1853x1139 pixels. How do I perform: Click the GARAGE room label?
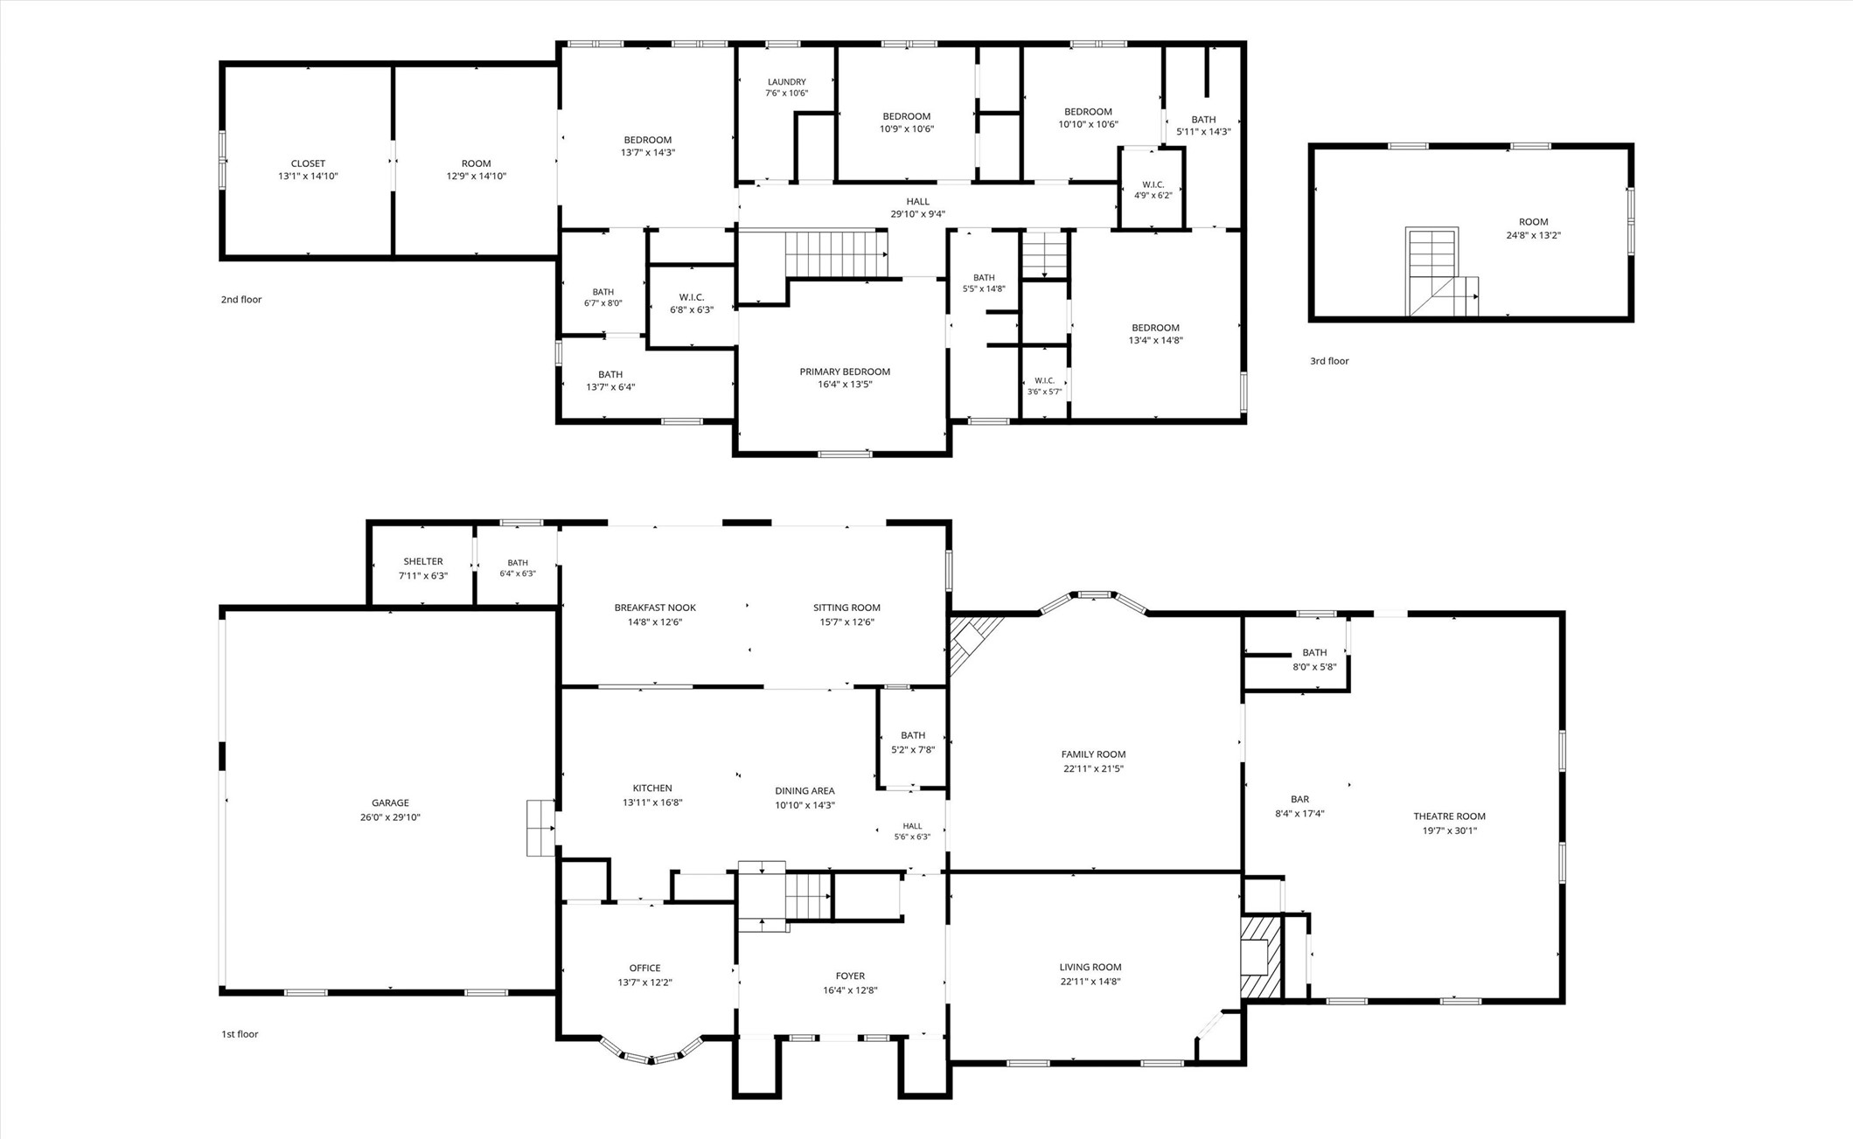pyautogui.click(x=390, y=803)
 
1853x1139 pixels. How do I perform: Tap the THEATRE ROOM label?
pyautogui.click(x=1449, y=816)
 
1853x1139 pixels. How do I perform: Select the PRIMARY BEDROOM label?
pyautogui.click(x=845, y=372)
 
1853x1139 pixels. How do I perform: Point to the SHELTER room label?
pyautogui.click(x=423, y=561)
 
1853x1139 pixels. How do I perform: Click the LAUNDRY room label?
pyautogui.click(x=787, y=82)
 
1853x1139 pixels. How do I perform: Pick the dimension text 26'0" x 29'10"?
pyautogui.click(x=390, y=817)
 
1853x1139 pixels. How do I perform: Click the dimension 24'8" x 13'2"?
pyautogui.click(x=1533, y=235)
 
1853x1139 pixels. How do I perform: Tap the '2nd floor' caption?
pyautogui.click(x=241, y=300)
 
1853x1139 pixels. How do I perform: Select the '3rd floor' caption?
pyautogui.click(x=1329, y=361)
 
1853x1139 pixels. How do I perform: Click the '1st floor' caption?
pyautogui.click(x=240, y=1034)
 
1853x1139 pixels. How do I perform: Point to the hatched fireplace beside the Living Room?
pyautogui.click(x=1260, y=957)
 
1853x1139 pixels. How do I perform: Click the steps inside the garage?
pyautogui.click(x=540, y=828)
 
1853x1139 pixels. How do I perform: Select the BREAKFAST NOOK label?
pyautogui.click(x=655, y=608)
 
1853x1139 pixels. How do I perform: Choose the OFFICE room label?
pyautogui.click(x=645, y=968)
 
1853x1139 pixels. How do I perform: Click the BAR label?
pyautogui.click(x=1299, y=799)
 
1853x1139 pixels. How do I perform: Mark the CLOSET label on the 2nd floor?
pyautogui.click(x=308, y=163)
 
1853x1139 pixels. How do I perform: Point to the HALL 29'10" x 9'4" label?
pyautogui.click(x=918, y=208)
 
